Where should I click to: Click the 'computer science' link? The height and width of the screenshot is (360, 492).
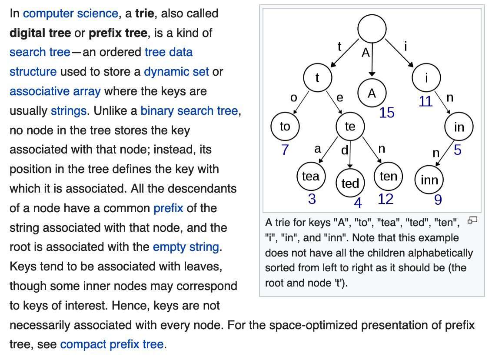click(x=70, y=13)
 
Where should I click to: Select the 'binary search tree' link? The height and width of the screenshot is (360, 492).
click(x=189, y=111)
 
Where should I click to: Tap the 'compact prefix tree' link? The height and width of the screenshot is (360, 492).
click(x=112, y=345)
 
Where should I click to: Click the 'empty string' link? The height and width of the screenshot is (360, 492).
click(x=186, y=247)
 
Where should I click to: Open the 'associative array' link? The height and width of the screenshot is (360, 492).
click(x=55, y=91)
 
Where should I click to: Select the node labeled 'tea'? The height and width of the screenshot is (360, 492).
click(x=311, y=177)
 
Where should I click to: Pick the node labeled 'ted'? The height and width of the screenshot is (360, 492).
click(x=350, y=183)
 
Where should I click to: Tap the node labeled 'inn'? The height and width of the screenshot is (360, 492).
click(x=429, y=180)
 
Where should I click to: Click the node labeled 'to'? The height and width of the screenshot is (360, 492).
click(x=285, y=127)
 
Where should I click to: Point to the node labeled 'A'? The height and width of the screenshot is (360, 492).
click(x=372, y=93)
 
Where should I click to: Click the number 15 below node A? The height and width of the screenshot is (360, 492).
click(x=386, y=113)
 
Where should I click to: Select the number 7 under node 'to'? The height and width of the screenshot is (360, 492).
click(x=285, y=150)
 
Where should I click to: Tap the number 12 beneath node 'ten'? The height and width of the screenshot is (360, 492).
click(x=386, y=199)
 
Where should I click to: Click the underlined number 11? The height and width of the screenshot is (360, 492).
click(x=426, y=101)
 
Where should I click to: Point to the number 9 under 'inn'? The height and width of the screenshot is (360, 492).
click(x=438, y=200)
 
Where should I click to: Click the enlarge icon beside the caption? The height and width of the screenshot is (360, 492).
click(x=472, y=220)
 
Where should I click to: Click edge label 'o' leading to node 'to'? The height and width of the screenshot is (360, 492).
click(x=293, y=98)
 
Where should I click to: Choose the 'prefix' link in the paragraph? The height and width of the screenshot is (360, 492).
click(x=168, y=208)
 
